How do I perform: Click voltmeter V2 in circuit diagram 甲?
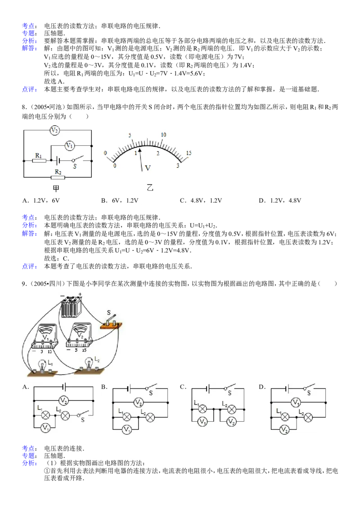54,130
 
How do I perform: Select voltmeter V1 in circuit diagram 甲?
70,145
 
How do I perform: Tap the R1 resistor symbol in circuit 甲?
39,161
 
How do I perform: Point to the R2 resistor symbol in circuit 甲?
58,177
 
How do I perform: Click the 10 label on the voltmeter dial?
163,134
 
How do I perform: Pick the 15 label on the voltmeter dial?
189,153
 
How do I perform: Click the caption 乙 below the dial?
150,188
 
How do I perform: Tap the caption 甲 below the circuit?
56,188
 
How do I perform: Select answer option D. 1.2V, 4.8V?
280,201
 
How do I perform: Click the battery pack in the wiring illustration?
71,306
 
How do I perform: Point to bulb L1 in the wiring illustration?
42,366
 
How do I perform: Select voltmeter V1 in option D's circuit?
295,402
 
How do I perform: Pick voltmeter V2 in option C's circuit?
231,422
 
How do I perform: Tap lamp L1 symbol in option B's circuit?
126,417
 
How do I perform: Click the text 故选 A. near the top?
54,81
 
